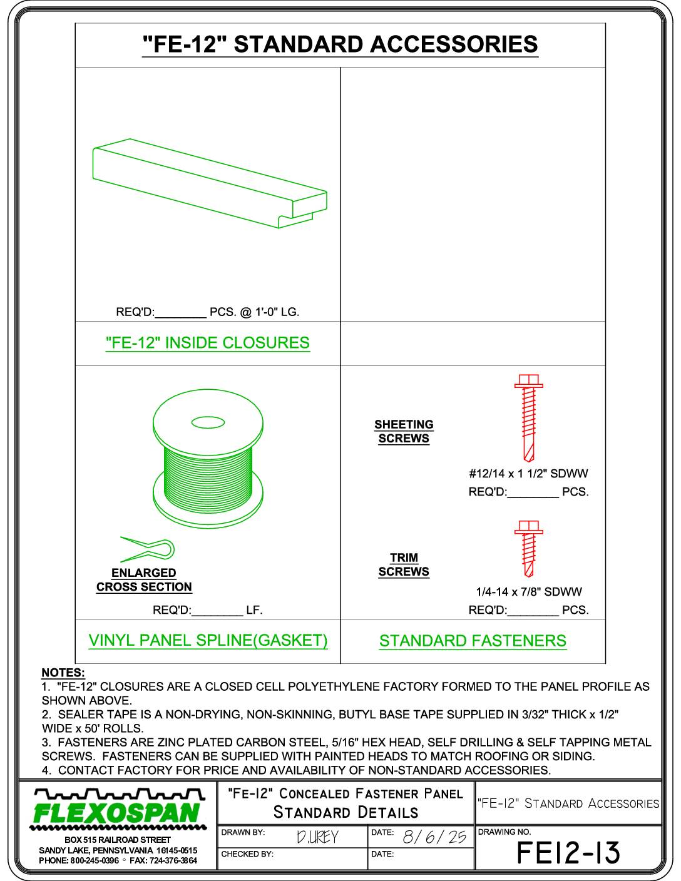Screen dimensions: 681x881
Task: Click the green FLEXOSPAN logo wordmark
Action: coord(118,813)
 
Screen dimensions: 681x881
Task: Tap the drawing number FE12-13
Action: coord(568,853)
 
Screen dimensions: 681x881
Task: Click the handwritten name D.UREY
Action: coord(317,837)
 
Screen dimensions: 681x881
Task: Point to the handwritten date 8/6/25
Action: coord(434,837)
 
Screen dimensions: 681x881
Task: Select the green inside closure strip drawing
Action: coord(210,183)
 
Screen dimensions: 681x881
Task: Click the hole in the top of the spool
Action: coord(208,423)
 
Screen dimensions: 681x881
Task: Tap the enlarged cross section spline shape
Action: coord(148,550)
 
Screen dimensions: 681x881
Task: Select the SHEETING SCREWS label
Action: coord(404,431)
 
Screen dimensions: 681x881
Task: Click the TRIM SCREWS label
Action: coord(404,565)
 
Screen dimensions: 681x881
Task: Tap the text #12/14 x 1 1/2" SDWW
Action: coord(528,474)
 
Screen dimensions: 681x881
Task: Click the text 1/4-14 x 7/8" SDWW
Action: coord(528,592)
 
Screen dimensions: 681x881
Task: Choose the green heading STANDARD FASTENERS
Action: coord(473,641)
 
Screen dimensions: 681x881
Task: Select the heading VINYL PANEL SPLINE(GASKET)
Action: coord(208,641)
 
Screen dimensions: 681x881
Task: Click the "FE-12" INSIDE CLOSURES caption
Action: coord(208,343)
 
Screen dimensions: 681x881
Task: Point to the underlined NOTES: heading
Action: coord(63,673)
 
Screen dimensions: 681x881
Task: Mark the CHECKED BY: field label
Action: coord(247,854)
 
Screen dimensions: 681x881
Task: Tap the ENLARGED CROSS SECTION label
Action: coord(144,580)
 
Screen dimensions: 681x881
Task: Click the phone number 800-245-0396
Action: coord(95,861)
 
